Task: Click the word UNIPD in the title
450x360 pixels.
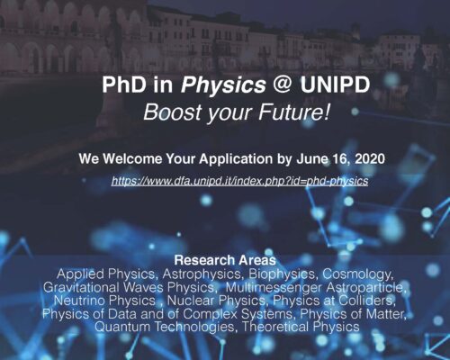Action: (x=335, y=85)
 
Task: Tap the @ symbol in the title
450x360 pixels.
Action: (x=283, y=85)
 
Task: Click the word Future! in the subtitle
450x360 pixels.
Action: (x=294, y=112)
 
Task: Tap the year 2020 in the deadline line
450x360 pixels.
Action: (x=370, y=158)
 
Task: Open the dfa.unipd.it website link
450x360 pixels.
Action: (x=239, y=181)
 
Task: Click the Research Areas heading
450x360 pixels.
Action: (x=225, y=260)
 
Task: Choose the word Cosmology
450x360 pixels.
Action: (x=358, y=274)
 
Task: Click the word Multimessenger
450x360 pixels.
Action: (x=274, y=287)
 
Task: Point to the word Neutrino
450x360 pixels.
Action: (x=79, y=301)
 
